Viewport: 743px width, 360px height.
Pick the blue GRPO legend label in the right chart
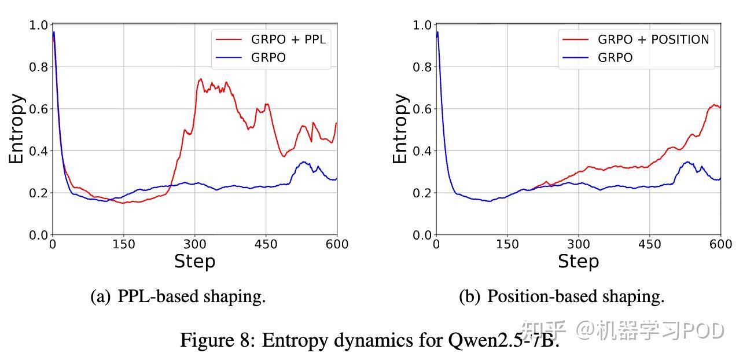[615, 57]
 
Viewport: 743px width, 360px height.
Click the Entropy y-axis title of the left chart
[17, 128]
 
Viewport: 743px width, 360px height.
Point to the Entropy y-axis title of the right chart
[400, 128]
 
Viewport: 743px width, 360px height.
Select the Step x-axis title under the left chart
[194, 262]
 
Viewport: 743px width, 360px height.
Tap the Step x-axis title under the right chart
[578, 262]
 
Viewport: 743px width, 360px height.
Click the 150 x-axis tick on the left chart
[124, 244]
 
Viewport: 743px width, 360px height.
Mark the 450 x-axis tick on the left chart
[266, 244]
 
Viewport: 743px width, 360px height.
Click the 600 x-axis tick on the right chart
[720, 244]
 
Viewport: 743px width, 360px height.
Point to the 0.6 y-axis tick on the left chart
[38, 109]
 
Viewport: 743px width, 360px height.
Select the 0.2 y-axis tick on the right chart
[422, 193]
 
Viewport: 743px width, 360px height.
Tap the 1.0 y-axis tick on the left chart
[38, 25]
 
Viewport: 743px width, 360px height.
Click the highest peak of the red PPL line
[200, 79]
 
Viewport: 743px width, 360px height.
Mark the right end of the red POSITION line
[720, 108]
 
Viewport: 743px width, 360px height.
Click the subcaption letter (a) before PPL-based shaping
[100, 297]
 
